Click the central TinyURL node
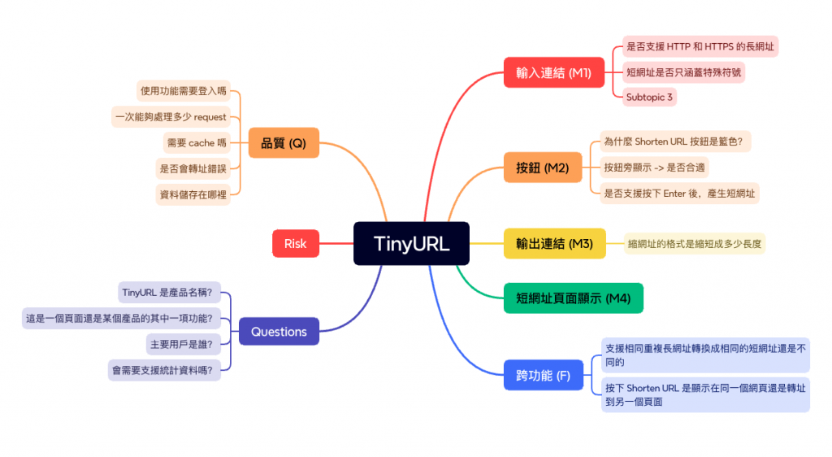411,243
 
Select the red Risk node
295,243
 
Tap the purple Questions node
279,331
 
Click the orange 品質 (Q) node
283,142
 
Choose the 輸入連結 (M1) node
553,72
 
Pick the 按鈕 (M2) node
542,168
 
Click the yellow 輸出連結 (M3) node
554,243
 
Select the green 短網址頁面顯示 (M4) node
573,298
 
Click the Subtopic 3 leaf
649,97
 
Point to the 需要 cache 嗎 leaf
196,142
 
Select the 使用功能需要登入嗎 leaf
184,90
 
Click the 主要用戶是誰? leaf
180,344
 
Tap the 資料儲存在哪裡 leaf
193,194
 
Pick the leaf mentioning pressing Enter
679,194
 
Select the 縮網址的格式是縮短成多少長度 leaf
695,243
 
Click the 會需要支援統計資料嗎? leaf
164,370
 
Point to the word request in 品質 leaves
210,117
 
